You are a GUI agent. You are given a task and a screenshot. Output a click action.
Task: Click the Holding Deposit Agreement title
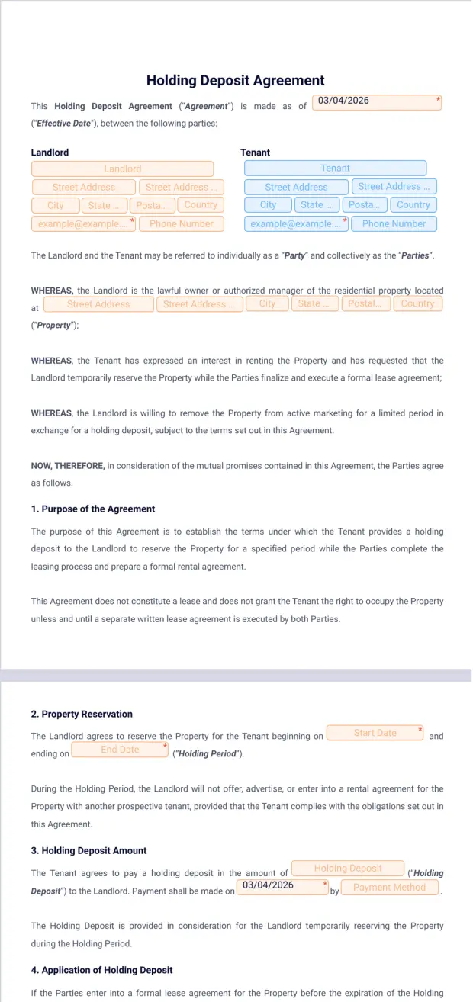pyautogui.click(x=235, y=81)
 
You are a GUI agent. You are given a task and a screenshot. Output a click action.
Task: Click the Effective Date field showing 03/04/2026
pyautogui.click(x=378, y=102)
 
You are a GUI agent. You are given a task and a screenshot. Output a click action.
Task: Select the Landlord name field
pyautogui.click(x=122, y=169)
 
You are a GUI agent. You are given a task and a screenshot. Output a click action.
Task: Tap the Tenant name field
pyautogui.click(x=335, y=168)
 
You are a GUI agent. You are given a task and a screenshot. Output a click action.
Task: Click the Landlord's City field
pyautogui.click(x=56, y=205)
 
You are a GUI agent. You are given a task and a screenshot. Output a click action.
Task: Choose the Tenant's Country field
pyautogui.click(x=413, y=205)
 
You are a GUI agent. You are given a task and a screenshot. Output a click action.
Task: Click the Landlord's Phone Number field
pyautogui.click(x=181, y=224)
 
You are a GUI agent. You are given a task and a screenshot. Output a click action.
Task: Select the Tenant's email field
pyautogui.click(x=296, y=224)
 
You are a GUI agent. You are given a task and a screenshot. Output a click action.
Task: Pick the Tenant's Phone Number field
pyautogui.click(x=394, y=224)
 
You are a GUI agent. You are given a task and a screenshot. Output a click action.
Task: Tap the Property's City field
pyautogui.click(x=267, y=303)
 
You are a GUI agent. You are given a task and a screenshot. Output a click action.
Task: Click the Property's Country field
pyautogui.click(x=417, y=303)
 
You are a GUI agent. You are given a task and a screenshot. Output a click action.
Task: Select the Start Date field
pyautogui.click(x=375, y=733)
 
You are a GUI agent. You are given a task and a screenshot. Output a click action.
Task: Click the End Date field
pyautogui.click(x=120, y=750)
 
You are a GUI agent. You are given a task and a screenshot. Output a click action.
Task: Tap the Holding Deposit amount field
pyautogui.click(x=348, y=869)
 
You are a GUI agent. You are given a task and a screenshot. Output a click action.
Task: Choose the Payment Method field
pyautogui.click(x=389, y=888)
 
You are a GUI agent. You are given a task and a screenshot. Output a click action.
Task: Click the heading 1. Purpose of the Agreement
pyautogui.click(x=93, y=509)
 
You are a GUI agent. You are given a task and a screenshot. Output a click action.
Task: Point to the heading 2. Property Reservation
pyautogui.click(x=82, y=715)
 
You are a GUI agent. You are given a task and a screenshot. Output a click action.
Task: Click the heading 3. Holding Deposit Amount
pyautogui.click(x=88, y=850)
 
